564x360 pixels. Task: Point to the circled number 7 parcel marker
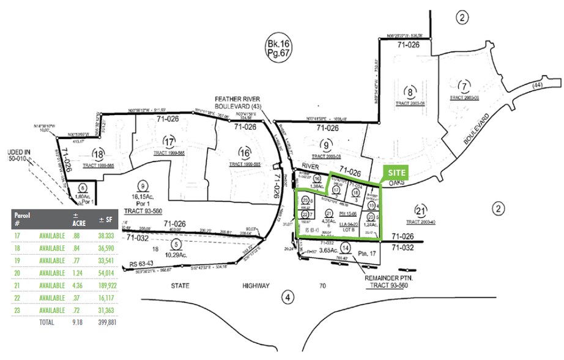[465, 86]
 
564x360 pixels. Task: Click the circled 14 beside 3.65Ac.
[346, 248]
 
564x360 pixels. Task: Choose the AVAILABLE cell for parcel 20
[52, 273]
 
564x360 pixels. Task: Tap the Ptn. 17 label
[366, 249]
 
